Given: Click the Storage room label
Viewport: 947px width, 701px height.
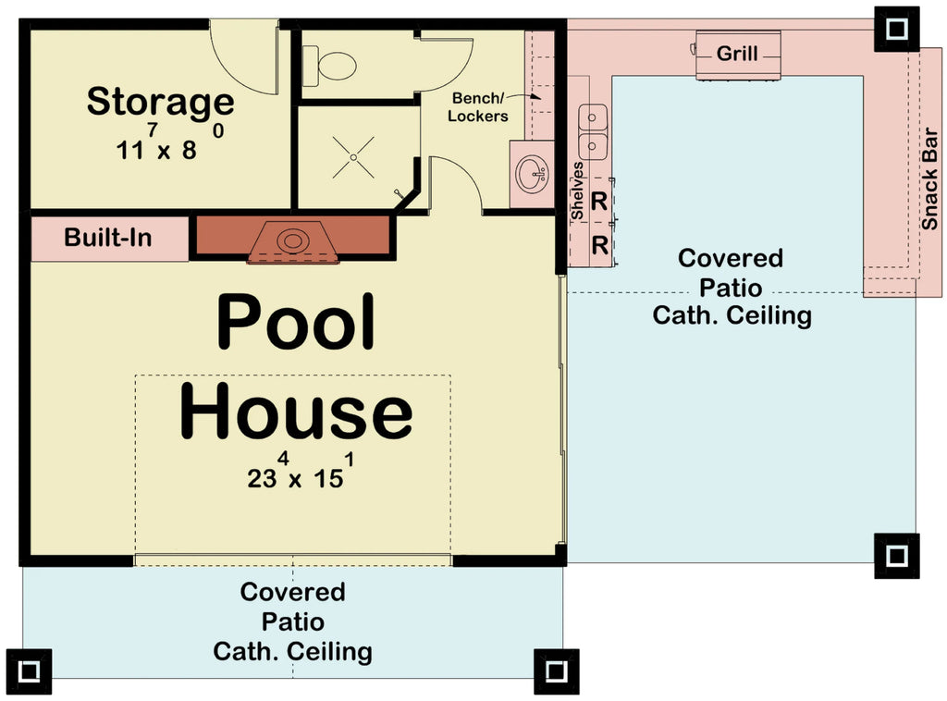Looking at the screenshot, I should click(160, 101).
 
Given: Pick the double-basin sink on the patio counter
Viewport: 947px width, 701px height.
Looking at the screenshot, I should click(593, 132).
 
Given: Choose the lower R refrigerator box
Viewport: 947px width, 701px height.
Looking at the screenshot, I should click(598, 245).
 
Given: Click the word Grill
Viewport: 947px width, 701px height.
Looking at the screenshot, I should click(737, 54).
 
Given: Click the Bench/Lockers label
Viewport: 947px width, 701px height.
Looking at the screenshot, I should click(479, 106).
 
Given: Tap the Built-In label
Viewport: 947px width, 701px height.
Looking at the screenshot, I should click(107, 239).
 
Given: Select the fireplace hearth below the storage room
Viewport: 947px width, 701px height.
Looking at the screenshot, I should click(292, 242).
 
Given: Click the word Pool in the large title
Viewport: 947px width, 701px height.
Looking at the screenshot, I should click(296, 321).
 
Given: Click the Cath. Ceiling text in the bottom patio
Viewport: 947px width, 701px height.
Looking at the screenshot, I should click(292, 651).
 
